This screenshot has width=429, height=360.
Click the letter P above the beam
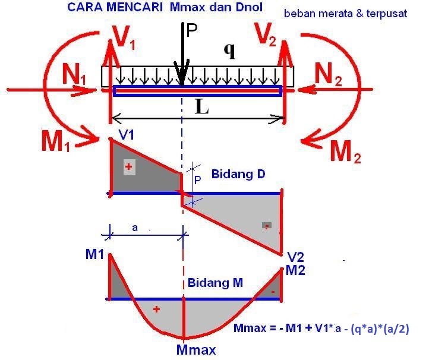(191, 30)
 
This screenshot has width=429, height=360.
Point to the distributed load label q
(229, 51)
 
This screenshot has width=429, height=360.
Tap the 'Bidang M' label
(215, 283)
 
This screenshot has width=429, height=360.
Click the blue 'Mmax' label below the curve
(195, 349)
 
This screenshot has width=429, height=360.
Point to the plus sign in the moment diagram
(157, 309)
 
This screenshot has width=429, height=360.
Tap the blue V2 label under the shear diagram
(295, 257)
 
